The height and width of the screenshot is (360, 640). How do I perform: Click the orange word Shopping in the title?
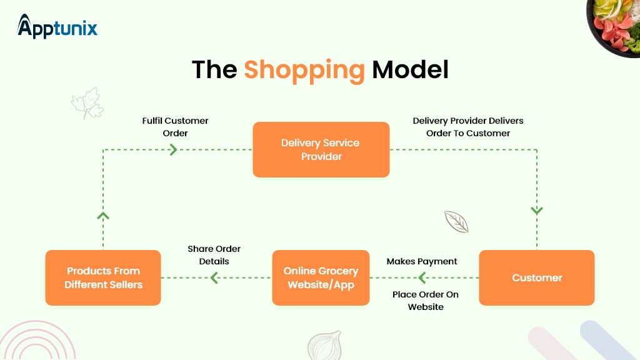click(x=304, y=69)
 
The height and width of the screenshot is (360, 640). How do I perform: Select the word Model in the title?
click(x=410, y=69)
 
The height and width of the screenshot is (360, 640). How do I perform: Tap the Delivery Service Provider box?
click(x=321, y=149)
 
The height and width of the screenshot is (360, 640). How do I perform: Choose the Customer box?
click(x=537, y=277)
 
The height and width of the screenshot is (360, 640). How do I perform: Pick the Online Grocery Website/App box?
click(x=321, y=277)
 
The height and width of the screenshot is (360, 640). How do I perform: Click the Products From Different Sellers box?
click(x=103, y=277)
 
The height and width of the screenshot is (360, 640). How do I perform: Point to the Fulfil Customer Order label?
click(x=175, y=127)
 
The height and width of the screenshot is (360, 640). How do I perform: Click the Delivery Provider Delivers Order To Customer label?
click(x=468, y=127)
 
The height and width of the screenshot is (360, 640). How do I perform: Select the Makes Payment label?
click(x=422, y=261)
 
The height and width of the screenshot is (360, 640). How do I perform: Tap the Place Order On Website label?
click(x=426, y=301)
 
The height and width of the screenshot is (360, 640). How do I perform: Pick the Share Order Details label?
click(x=214, y=255)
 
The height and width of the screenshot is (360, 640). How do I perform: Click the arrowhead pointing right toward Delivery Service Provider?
click(x=173, y=149)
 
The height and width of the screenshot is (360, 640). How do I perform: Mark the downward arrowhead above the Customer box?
click(x=537, y=211)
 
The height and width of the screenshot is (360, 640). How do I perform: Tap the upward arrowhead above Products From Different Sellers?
click(x=103, y=216)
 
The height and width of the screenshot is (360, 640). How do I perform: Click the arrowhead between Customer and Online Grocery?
click(x=422, y=277)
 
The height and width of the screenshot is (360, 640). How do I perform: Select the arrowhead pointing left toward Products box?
click(x=214, y=277)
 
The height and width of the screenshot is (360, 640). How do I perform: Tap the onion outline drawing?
click(x=324, y=346)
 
